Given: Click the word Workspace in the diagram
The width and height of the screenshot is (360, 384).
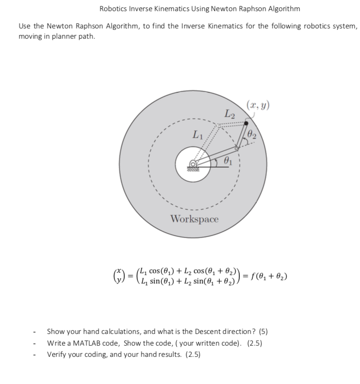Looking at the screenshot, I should point(194,219).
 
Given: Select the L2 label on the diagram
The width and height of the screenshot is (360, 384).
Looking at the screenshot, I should point(230,113).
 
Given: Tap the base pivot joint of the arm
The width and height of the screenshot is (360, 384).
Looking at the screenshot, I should point(193,164).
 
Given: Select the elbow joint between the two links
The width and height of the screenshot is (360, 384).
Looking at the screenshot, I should point(237,149).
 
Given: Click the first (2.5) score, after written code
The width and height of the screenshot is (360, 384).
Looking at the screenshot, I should point(254,343).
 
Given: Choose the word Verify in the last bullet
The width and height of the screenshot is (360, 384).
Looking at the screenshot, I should point(55,354).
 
